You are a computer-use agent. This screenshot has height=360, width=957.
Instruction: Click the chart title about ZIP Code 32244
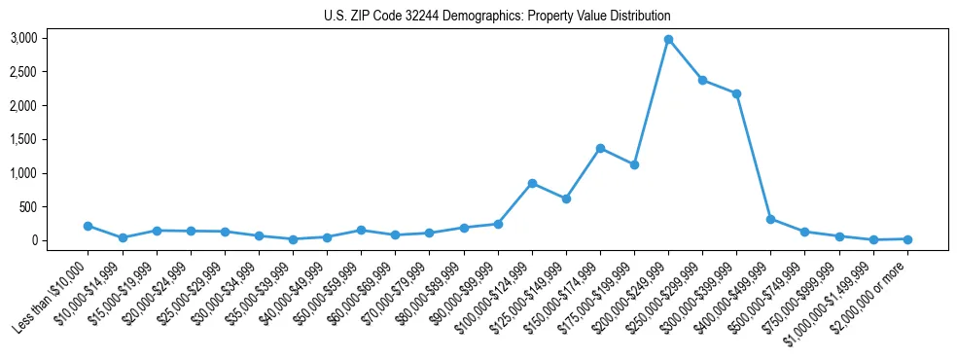497,17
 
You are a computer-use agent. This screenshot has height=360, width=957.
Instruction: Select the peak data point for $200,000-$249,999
668,39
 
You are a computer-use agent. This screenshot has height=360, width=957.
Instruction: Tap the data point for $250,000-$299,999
702,80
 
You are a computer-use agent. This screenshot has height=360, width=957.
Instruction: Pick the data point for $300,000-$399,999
736,93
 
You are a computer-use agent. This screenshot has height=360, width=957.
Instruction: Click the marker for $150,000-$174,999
600,148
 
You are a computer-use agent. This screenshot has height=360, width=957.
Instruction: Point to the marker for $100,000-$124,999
532,183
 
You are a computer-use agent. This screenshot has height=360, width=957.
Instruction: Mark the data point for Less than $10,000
89,226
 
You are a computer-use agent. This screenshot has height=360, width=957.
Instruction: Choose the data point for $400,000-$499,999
770,219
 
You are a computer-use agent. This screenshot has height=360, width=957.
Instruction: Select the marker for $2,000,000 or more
907,238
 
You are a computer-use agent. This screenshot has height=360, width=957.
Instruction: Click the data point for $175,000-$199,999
634,164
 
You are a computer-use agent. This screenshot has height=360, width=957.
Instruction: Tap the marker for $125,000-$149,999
566,198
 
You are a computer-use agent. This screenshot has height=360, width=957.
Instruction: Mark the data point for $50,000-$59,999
361,231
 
